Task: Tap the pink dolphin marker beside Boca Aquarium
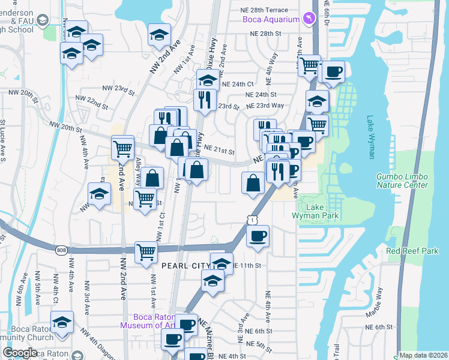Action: coord(309,20)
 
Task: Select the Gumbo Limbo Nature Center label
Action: coord(402,180)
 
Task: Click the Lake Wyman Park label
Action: coord(322,211)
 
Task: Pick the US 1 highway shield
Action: coord(252,221)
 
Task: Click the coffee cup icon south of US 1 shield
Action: coord(258,236)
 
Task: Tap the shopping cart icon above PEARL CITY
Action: coord(146,253)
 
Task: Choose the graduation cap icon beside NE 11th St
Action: coord(221,263)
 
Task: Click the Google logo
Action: coord(20,353)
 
